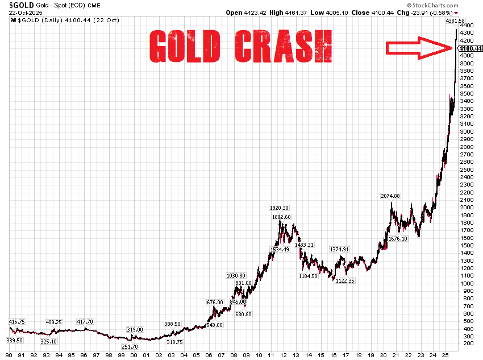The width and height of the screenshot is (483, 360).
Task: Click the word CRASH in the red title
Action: [x=282, y=45]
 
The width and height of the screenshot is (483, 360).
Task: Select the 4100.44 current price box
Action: [x=471, y=48]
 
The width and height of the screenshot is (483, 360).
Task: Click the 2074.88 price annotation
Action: [x=390, y=196]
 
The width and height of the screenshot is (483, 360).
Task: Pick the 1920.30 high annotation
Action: [x=278, y=208]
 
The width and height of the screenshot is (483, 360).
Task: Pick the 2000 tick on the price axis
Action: [x=468, y=208]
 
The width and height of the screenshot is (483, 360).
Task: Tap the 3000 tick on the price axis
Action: [x=468, y=132]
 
